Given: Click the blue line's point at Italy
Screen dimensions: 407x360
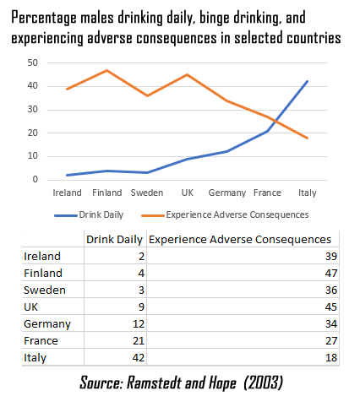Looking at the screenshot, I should tap(306, 81).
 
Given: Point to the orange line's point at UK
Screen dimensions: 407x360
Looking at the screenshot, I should tap(188, 74).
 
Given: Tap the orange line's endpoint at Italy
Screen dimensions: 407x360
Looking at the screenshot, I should tap(306, 138).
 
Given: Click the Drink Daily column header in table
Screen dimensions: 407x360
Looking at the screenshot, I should tap(115, 239).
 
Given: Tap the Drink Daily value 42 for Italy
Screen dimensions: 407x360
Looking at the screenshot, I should tap(136, 357).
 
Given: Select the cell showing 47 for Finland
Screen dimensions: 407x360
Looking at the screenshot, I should tap(330, 273).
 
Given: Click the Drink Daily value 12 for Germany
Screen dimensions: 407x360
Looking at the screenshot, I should tap(136, 323).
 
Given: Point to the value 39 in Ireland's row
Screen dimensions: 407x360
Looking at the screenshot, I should tap(330, 256).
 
